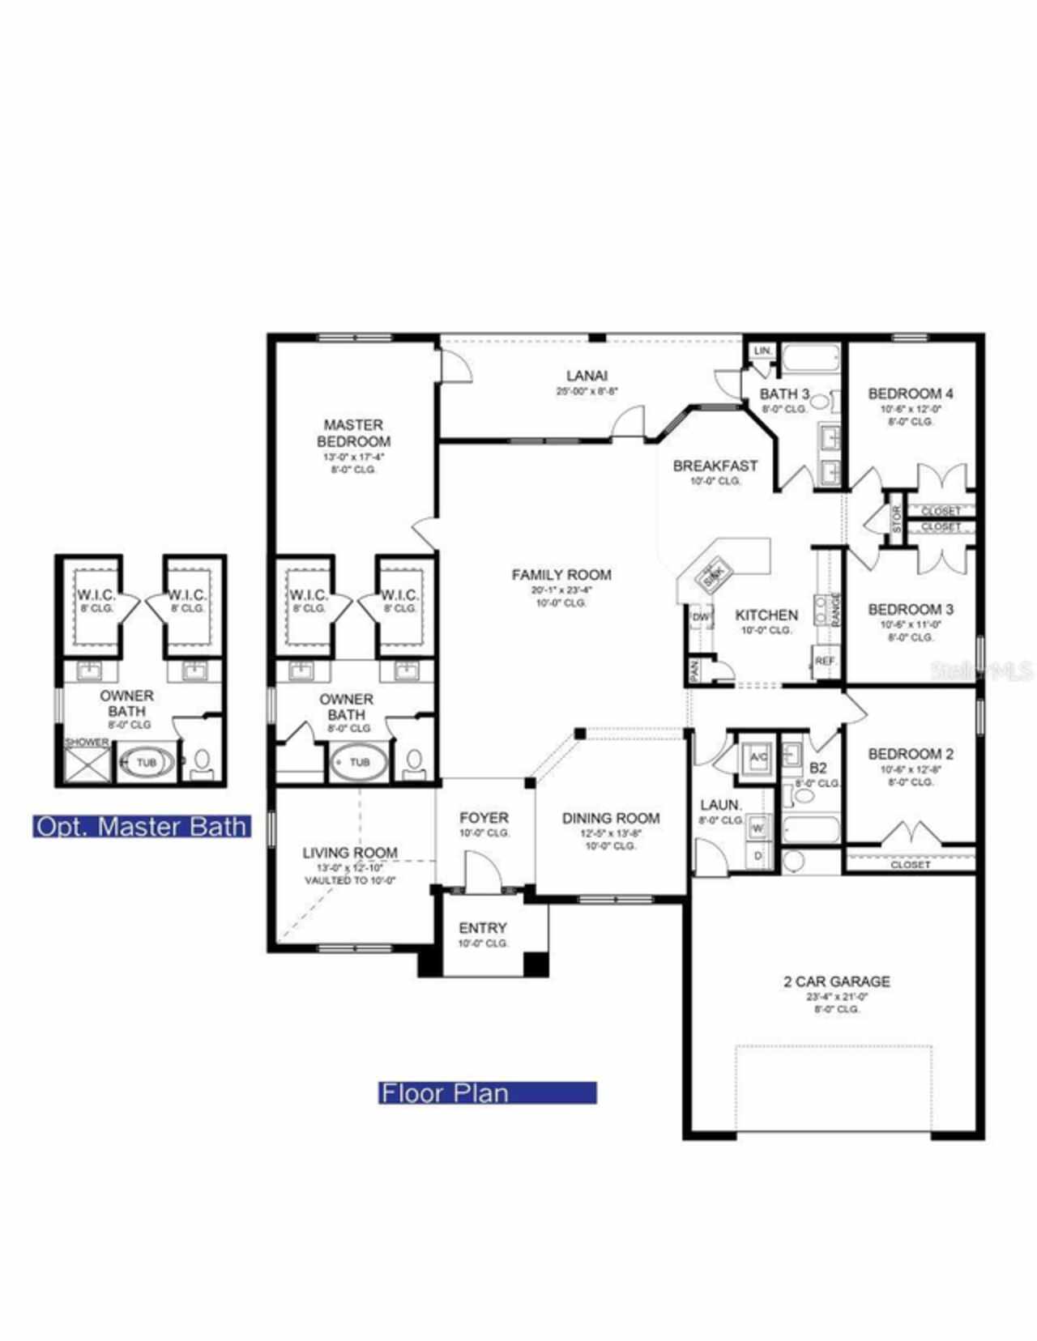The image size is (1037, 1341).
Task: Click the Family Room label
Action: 561,575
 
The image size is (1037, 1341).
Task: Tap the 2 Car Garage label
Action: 837,981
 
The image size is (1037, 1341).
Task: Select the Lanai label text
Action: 587,376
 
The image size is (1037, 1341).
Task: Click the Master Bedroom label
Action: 353,433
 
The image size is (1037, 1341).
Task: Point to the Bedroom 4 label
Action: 910,394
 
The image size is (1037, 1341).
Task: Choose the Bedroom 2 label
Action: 910,754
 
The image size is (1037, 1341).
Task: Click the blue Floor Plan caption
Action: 488,1093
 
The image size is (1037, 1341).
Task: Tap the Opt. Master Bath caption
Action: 142,827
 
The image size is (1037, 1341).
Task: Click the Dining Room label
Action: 611,818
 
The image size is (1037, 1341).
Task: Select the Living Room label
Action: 350,853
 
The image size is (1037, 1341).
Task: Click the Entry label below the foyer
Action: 483,928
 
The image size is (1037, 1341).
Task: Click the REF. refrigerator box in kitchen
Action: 826,662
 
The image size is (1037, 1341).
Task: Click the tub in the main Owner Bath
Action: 359,762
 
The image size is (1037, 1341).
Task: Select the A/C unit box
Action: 758,758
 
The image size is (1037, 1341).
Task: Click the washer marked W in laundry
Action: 759,829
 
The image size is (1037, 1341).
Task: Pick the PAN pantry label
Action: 694,670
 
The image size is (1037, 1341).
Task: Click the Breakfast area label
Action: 715,466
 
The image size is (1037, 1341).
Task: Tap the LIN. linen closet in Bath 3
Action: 762,351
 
